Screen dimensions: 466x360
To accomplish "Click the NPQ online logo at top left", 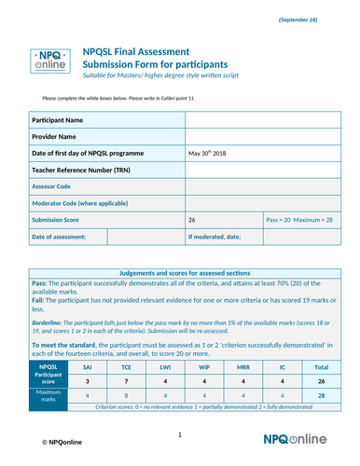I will click(45, 62).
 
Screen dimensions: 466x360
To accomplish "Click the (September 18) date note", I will click(318, 20).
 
